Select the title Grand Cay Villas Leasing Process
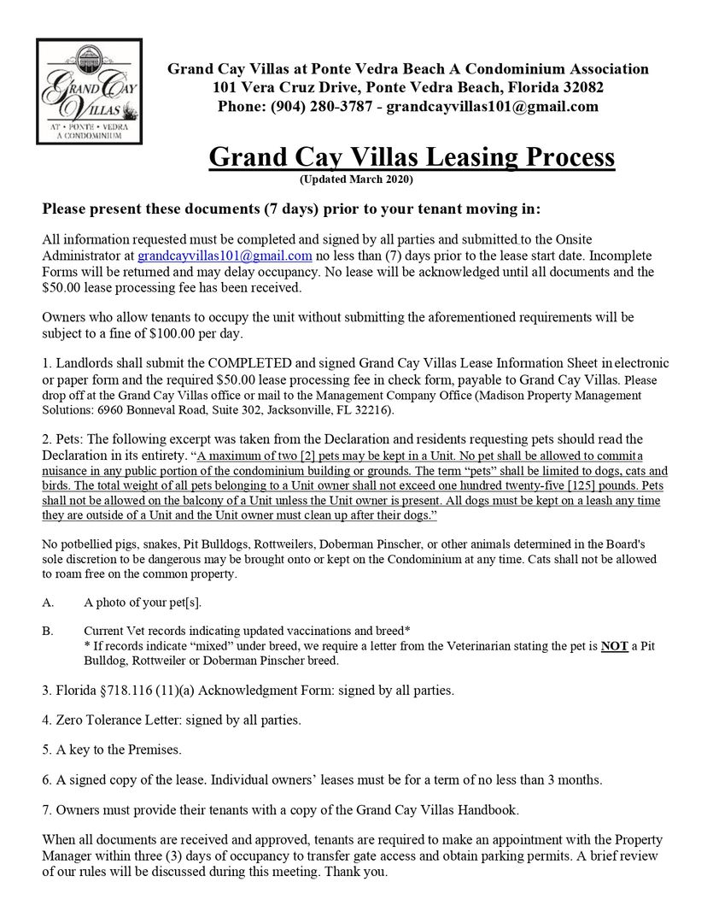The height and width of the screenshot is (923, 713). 412,157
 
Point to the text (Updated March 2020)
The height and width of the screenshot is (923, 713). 356,179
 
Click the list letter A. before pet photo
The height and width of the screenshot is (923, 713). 48,603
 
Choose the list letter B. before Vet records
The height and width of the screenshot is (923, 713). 48,632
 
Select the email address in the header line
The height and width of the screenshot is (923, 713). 496,107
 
